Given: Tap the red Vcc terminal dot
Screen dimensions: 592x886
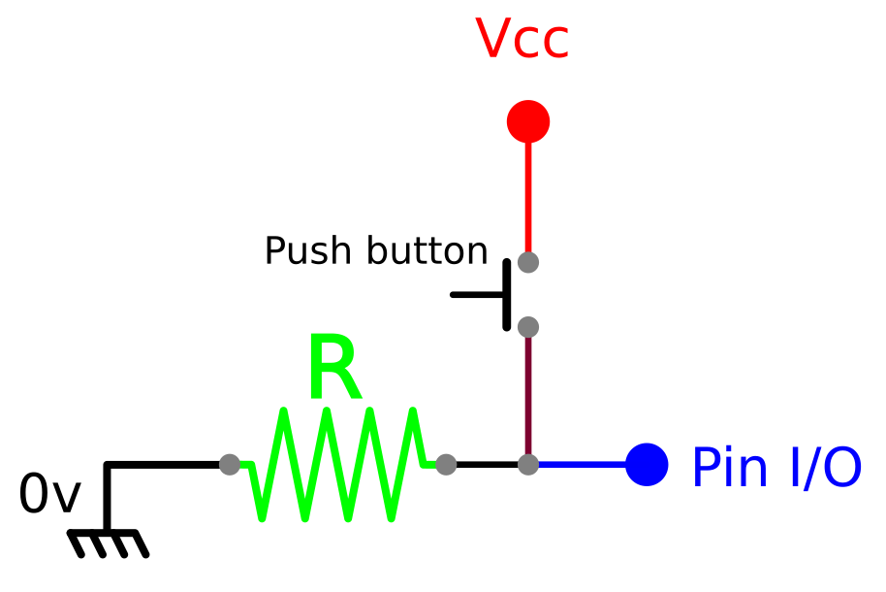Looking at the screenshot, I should [x=528, y=121].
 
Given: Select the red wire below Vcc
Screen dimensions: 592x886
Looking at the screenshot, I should [x=528, y=194].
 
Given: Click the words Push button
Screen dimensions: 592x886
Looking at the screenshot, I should [x=376, y=251].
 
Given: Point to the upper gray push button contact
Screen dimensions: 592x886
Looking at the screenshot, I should [x=528, y=262].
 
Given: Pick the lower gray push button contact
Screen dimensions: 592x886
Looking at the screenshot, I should [x=528, y=326].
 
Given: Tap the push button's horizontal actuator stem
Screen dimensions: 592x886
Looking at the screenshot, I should [x=477, y=294].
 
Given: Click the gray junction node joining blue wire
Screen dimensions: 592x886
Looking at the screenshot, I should [x=528, y=465].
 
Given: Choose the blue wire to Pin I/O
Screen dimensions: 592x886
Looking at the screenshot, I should [x=582, y=465].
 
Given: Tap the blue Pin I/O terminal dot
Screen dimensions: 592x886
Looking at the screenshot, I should [x=647, y=465].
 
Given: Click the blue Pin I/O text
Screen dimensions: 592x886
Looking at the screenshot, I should [x=775, y=469].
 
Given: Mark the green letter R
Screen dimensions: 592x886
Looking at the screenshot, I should [x=333, y=370].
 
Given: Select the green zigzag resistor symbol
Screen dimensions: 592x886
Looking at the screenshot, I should [x=337, y=464].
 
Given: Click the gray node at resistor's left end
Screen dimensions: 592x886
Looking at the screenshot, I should [x=230, y=465].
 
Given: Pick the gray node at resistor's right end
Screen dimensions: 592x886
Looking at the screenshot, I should [x=446, y=465].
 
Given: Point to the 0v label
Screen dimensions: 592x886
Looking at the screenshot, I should [x=48, y=495].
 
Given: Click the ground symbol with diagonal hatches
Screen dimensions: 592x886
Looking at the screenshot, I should [x=109, y=542].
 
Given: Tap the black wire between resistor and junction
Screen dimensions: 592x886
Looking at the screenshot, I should [x=487, y=465].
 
